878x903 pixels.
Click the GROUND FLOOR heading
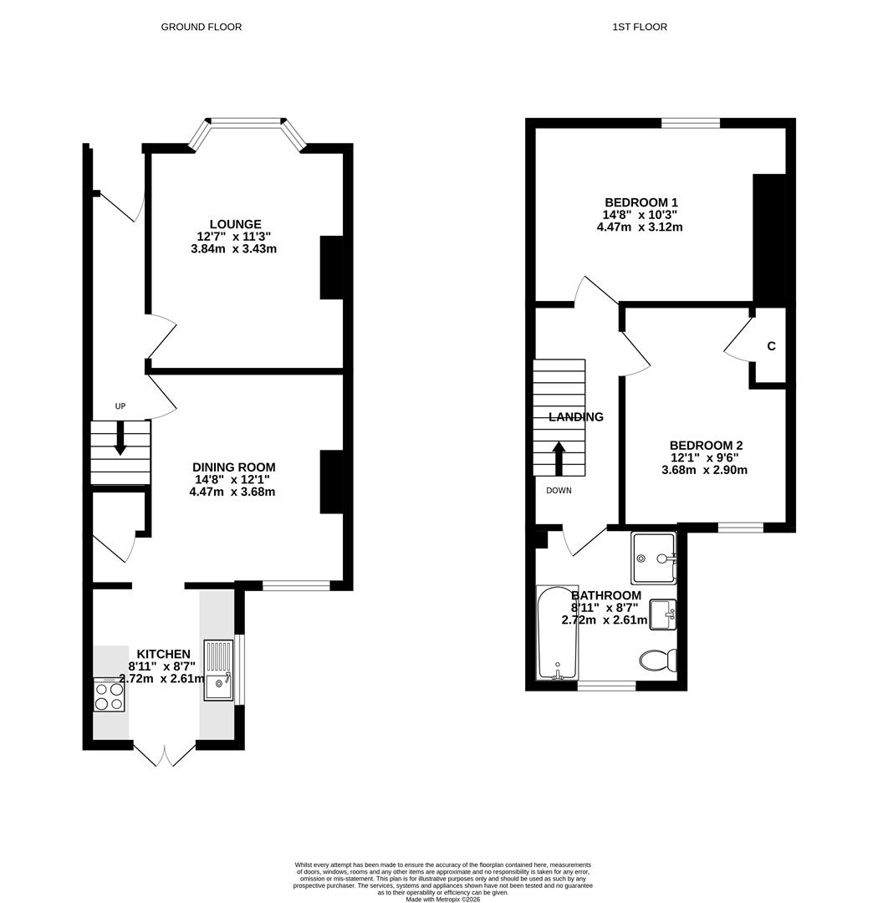[x=201, y=27]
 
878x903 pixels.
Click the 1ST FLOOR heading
[x=640, y=27]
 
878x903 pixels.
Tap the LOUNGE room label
[x=235, y=224]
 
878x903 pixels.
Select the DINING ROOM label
[x=234, y=467]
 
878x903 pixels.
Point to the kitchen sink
[x=218, y=670]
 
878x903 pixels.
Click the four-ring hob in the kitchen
[x=109, y=695]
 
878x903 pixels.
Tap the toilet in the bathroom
[x=658, y=660]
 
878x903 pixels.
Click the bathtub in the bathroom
[x=558, y=633]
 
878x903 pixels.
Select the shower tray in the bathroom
[x=653, y=558]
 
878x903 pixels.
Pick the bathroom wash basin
[x=663, y=615]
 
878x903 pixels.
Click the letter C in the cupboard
[x=772, y=346]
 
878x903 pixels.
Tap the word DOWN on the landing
[x=559, y=491]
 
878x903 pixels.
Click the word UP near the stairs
[x=120, y=406]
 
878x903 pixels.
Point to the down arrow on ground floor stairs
[x=120, y=438]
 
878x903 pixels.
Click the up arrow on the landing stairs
[x=559, y=458]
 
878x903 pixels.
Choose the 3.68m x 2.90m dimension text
[x=705, y=470]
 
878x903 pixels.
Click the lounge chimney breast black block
[x=332, y=268]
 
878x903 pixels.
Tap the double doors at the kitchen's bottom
[x=165, y=754]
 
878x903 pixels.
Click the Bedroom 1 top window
[x=691, y=123]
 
